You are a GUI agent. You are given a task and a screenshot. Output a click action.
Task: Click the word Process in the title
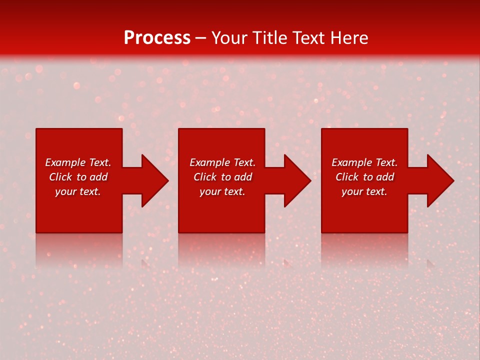pos(157,38)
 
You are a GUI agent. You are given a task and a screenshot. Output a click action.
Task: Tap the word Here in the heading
pos(349,38)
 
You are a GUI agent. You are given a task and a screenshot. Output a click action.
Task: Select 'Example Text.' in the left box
pos(78,162)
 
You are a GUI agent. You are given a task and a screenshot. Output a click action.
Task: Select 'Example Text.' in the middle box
pos(222,162)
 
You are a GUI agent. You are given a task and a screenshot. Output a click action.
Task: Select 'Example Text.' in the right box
pos(364,162)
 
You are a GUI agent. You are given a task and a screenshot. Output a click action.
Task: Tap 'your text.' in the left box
pos(78,191)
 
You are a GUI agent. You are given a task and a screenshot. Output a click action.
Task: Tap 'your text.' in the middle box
pos(222,191)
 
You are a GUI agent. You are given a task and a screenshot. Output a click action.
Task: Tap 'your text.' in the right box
pos(364,191)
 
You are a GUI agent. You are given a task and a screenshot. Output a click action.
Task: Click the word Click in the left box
pos(61,177)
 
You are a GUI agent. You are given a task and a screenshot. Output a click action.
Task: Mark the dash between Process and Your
pos(200,38)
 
